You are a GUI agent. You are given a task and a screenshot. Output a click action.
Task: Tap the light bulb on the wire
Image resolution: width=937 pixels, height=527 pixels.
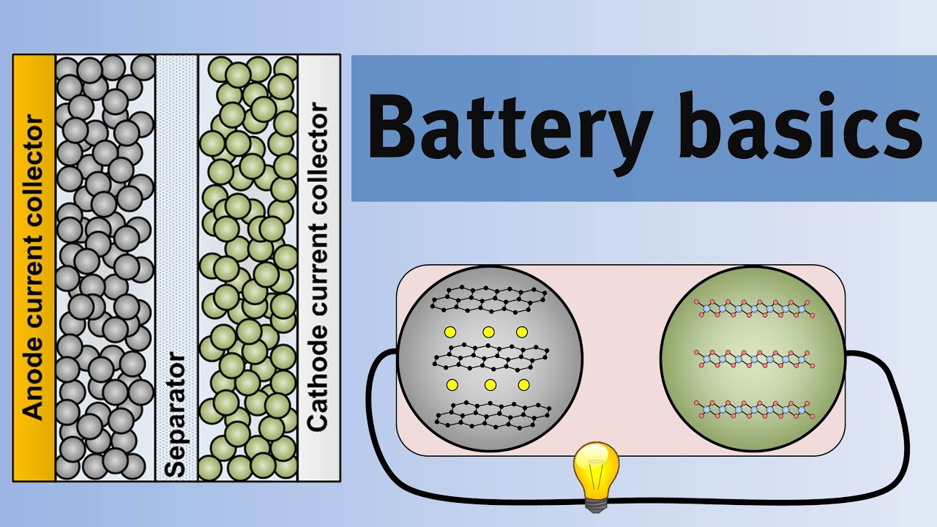pos(596,469)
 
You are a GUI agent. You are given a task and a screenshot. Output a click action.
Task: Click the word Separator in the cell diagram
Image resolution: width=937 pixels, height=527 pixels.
pos(176,414)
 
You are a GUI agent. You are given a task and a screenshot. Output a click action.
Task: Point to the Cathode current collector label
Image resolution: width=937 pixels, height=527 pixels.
pos(318,267)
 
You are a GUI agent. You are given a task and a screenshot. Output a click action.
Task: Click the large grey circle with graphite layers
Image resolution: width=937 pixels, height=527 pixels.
pos(490,359)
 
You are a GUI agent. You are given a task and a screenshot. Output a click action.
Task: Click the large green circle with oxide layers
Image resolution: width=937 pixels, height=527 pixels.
pos(753,359)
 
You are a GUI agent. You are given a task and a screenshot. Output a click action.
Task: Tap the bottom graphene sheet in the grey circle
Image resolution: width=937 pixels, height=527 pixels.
pos(492,414)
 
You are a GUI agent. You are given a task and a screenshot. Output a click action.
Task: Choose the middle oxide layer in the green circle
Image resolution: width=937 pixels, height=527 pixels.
pos(753,358)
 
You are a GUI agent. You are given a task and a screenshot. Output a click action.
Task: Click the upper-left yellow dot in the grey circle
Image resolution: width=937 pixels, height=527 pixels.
pos(450,332)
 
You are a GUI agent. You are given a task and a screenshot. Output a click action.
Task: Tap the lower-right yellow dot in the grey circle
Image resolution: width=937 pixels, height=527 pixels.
pos(523,385)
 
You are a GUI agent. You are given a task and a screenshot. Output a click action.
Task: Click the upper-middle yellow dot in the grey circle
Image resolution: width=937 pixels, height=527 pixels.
pos(488,332)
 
